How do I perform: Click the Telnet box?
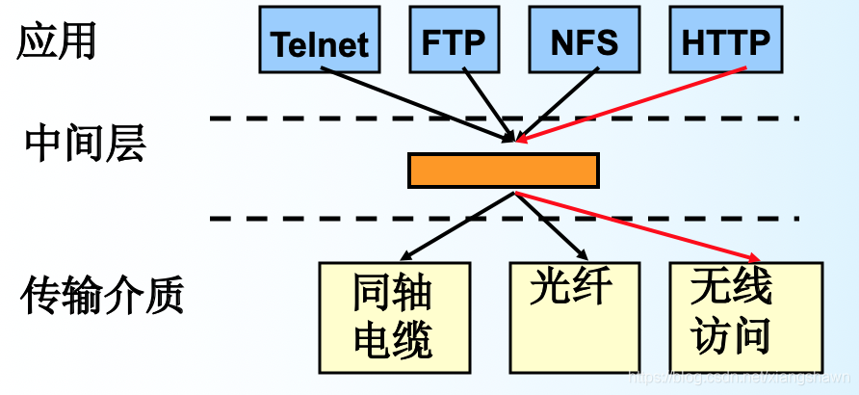point(319,40)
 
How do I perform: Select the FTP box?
point(453,40)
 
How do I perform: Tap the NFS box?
point(585,40)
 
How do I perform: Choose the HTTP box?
point(725,40)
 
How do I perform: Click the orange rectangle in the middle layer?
point(503,170)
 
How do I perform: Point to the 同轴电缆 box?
point(393,317)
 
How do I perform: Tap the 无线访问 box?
point(745,317)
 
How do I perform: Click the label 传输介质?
point(101,296)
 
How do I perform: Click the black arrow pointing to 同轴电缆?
point(457,226)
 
